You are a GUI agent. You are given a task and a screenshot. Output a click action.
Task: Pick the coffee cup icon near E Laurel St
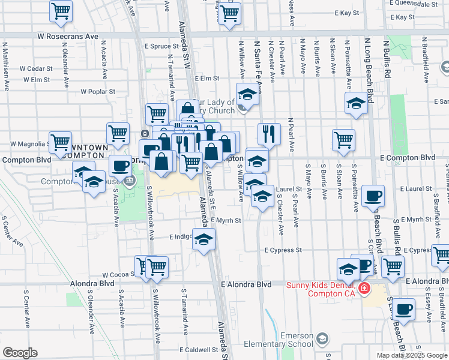373,195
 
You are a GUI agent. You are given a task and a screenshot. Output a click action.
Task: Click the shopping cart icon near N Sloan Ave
343,139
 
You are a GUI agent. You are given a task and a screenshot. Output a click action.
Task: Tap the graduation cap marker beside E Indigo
204,239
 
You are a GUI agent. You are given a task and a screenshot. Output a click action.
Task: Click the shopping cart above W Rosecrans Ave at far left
61,11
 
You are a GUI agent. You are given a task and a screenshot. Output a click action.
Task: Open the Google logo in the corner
20,353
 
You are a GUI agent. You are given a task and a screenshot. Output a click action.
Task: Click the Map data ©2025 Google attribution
412,355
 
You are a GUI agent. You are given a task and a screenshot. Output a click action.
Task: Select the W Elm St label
36,79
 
